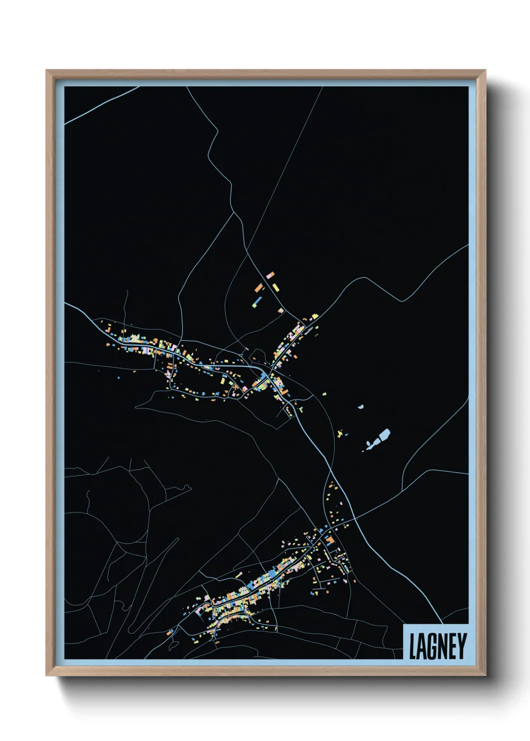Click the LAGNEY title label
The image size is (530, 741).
[x=437, y=646]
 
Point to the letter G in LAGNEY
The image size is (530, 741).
[x=432, y=646]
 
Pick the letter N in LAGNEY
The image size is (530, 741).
[x=442, y=646]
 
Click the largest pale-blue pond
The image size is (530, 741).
[x=384, y=435]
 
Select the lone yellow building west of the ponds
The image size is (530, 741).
[x=341, y=434]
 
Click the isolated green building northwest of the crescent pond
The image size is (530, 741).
[x=324, y=394]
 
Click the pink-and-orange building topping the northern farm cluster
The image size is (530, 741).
[x=271, y=275]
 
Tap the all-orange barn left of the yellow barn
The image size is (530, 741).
[x=259, y=288]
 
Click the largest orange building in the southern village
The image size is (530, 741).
[x=330, y=540]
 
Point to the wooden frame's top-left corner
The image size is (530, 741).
[x=47, y=71]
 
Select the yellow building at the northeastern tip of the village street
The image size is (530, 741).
[x=315, y=316]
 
